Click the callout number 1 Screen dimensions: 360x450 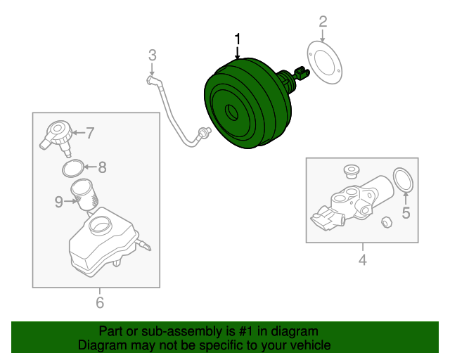click(238, 39)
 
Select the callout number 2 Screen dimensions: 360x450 click(323, 21)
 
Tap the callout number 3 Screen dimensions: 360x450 click(152, 55)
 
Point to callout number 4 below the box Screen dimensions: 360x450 click(363, 262)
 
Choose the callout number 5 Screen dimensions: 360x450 click(406, 213)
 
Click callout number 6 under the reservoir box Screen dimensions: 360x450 click(99, 302)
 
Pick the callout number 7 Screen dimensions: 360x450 click(90, 131)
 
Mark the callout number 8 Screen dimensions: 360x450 click(102, 167)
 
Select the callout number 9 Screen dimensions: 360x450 click(59, 202)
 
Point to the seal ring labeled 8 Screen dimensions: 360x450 click(72, 168)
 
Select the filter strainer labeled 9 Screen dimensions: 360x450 click(85, 193)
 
